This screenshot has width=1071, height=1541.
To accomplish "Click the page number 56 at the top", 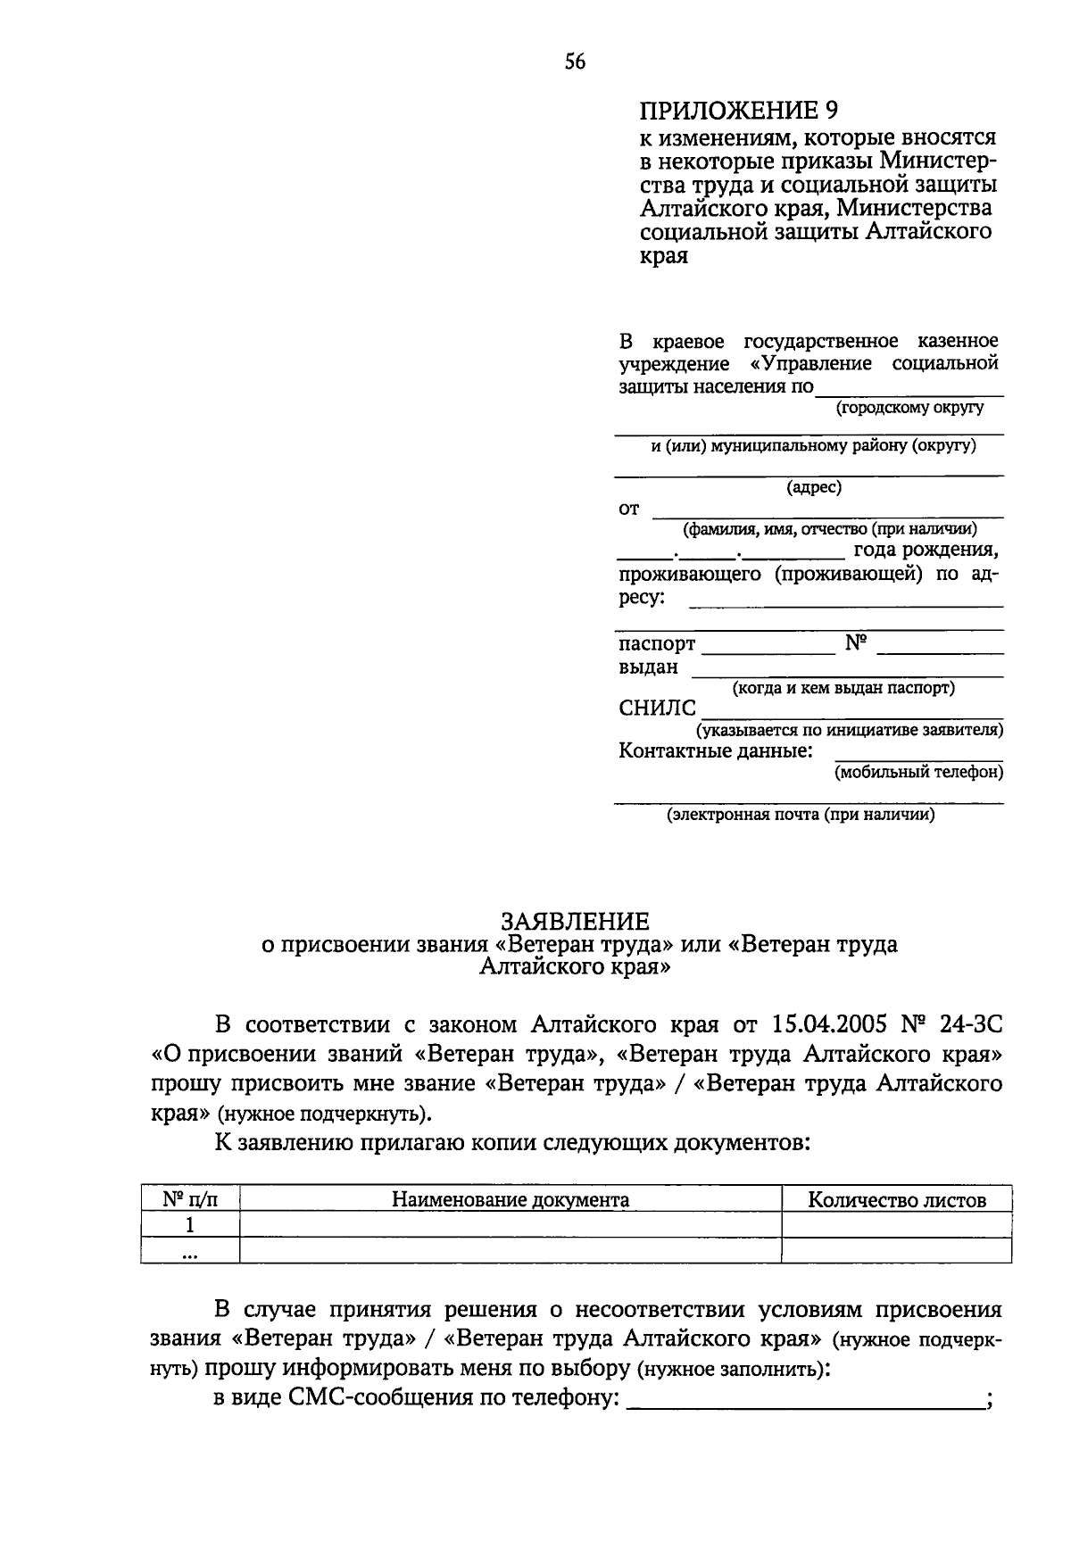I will point(575,61).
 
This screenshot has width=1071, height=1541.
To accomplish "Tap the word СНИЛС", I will point(657,708).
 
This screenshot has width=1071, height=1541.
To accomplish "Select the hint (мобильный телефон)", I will point(918,772).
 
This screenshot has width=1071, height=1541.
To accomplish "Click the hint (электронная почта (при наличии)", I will point(801,814).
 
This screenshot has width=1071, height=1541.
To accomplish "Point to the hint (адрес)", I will point(813,487).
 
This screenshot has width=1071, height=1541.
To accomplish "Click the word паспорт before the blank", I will point(657,643).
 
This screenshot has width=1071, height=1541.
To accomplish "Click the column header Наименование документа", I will point(511,1199).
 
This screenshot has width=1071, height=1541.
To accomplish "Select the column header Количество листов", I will point(896,1199).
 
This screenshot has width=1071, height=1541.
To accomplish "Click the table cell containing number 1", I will point(189,1224).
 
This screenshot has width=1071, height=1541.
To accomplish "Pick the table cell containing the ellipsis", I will point(189,1251).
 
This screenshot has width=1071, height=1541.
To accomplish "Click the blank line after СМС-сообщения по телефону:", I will point(803,1401).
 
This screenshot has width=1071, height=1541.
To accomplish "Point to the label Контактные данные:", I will point(715,750).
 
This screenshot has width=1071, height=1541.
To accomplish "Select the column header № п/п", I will point(189,1199).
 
